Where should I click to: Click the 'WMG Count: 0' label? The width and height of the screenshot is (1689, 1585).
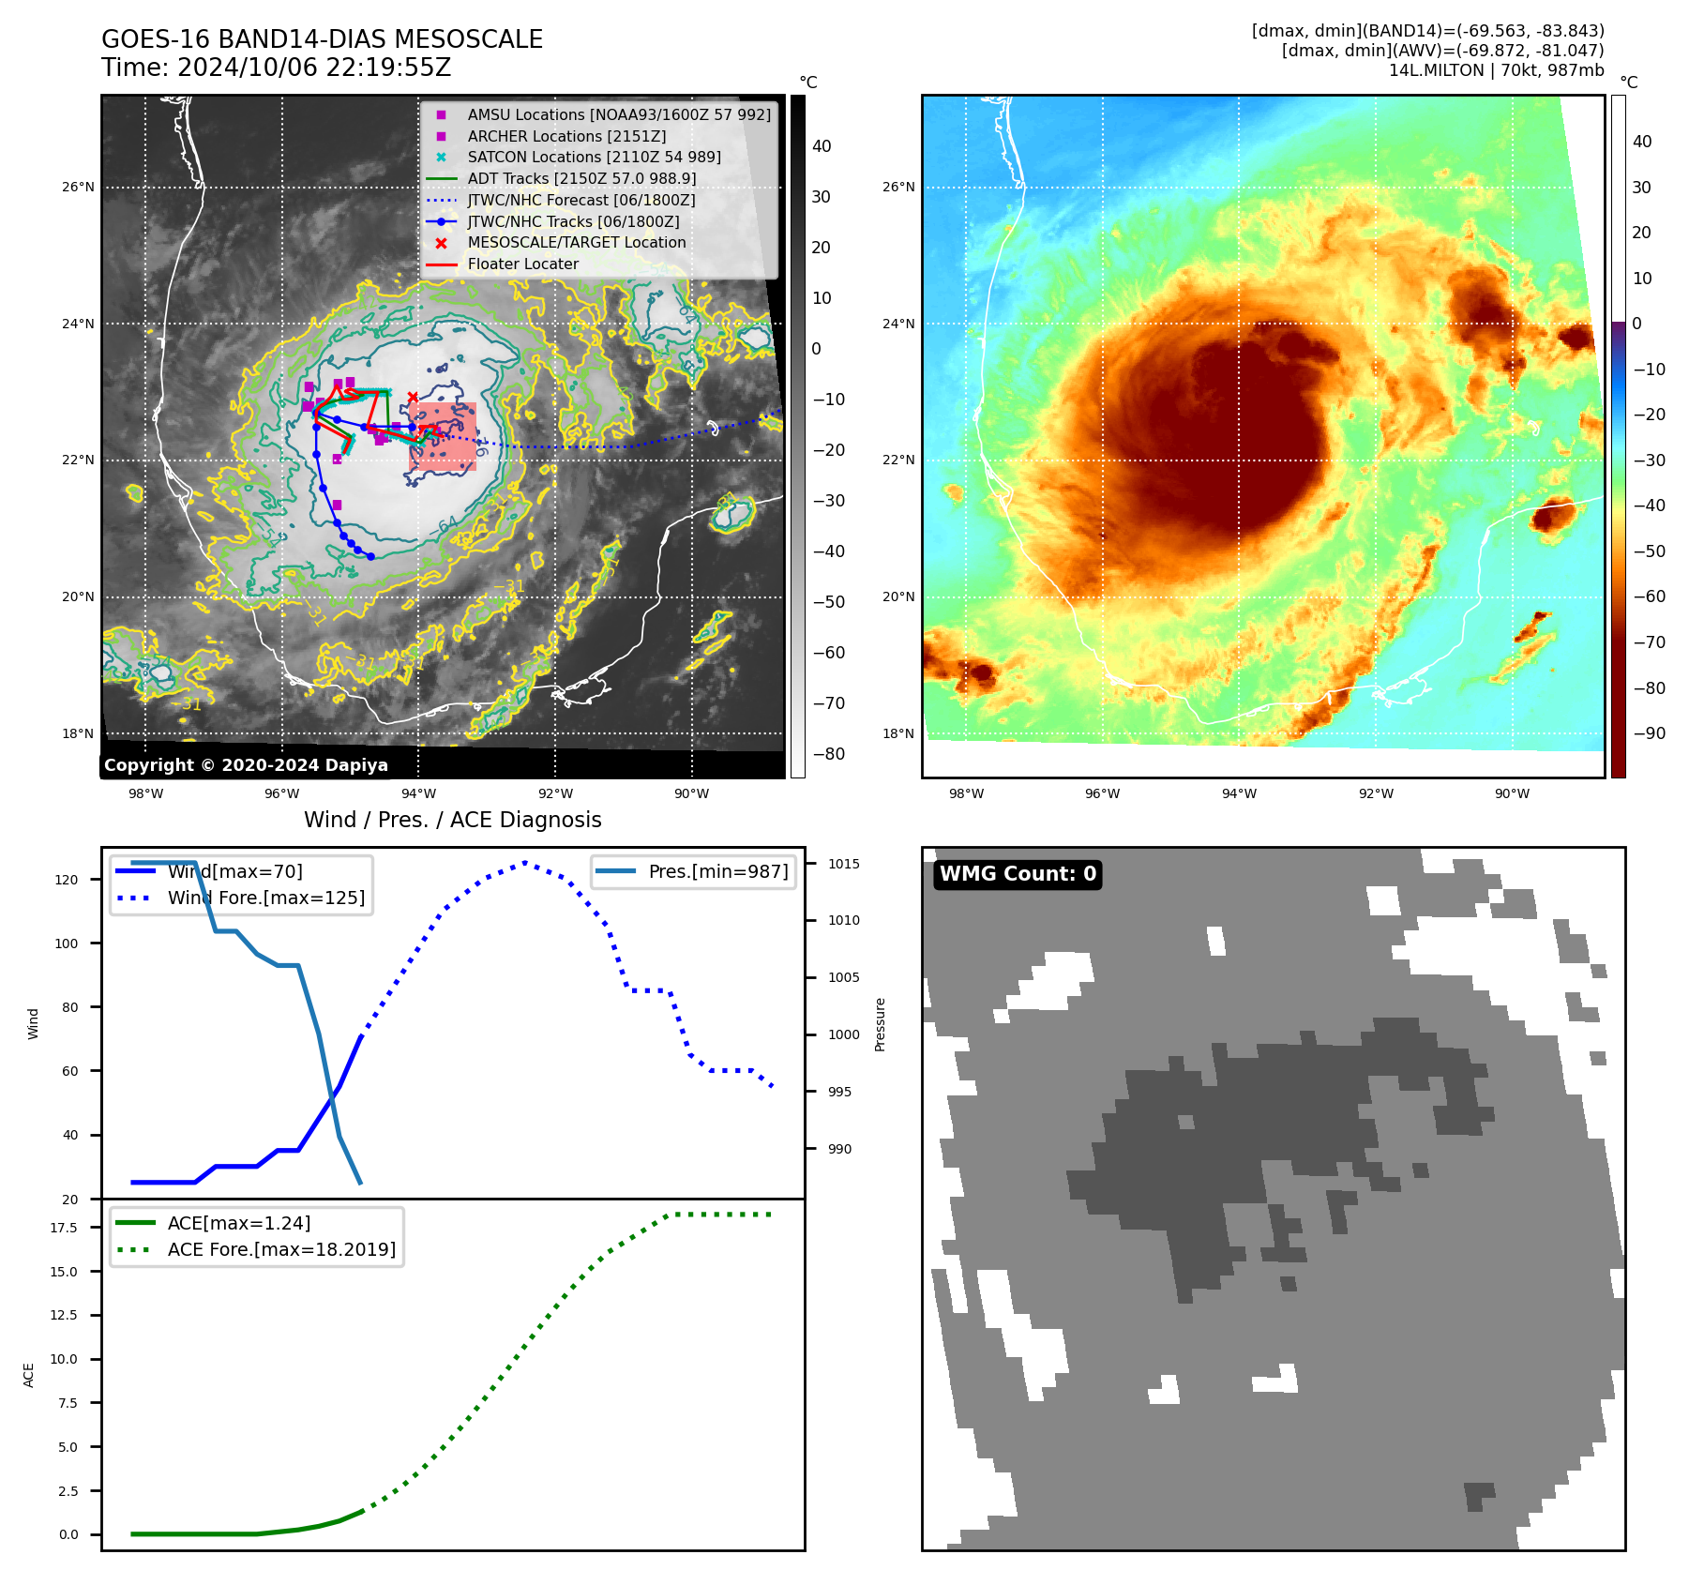(x=1018, y=874)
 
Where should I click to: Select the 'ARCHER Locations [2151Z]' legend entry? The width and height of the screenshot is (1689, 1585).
(x=566, y=136)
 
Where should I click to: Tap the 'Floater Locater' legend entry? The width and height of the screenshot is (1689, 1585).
(x=522, y=264)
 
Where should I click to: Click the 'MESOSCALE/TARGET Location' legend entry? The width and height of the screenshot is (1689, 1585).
(x=577, y=242)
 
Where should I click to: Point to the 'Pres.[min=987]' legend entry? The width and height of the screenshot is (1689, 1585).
(x=717, y=871)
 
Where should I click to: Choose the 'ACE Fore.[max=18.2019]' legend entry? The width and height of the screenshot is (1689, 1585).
(x=281, y=1249)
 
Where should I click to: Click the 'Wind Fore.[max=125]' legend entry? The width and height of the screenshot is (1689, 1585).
(x=266, y=898)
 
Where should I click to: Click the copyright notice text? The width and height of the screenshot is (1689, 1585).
(x=246, y=765)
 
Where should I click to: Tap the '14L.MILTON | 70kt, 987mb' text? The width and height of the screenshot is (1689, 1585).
(x=1496, y=70)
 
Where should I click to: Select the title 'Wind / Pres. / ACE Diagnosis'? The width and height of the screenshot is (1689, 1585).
(x=453, y=820)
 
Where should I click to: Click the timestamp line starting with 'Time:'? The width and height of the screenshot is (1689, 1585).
(x=277, y=68)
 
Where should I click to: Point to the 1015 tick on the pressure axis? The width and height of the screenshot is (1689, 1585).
(x=843, y=864)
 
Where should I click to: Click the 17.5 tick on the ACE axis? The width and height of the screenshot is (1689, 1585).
(x=65, y=1228)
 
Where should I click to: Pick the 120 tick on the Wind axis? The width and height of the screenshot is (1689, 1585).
(x=67, y=880)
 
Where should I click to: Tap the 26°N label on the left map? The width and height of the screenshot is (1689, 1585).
(x=79, y=188)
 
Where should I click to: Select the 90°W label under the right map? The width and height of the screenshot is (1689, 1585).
(x=1512, y=793)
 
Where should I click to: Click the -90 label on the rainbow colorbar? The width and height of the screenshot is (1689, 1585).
(x=1649, y=733)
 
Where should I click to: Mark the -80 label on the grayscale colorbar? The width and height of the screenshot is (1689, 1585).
(x=828, y=754)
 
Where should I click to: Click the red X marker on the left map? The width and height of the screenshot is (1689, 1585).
(x=413, y=398)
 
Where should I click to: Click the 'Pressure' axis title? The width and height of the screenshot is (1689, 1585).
(x=880, y=1024)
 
